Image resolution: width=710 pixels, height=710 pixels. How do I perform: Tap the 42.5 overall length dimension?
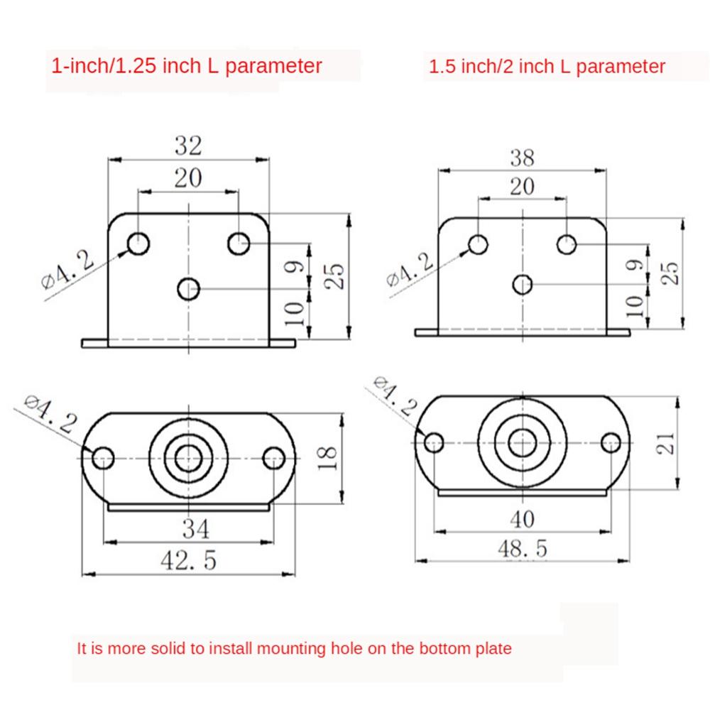click(187, 560)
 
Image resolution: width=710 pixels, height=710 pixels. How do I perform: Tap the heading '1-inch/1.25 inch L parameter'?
click(187, 67)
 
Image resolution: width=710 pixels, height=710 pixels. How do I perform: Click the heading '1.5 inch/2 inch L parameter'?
click(547, 67)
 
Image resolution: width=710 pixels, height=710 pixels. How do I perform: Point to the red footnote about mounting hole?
click(294, 648)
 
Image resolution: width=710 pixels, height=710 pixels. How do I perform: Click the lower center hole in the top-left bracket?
click(189, 288)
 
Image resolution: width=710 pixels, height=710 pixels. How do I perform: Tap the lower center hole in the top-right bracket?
click(523, 284)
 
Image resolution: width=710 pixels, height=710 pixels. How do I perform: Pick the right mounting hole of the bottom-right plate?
click(611, 442)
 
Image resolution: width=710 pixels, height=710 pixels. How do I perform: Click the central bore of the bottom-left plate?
click(188, 457)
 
